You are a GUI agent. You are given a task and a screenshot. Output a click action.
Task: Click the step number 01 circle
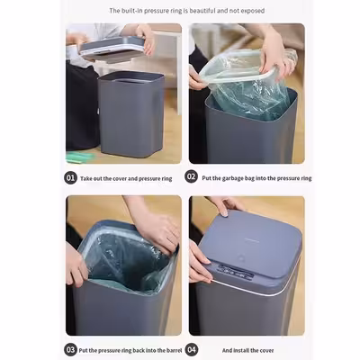[71, 177]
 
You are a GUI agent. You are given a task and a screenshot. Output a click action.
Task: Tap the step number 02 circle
[191, 177]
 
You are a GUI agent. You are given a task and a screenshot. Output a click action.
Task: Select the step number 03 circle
[71, 348]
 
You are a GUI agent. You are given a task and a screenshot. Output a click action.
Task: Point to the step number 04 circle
[191, 348]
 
